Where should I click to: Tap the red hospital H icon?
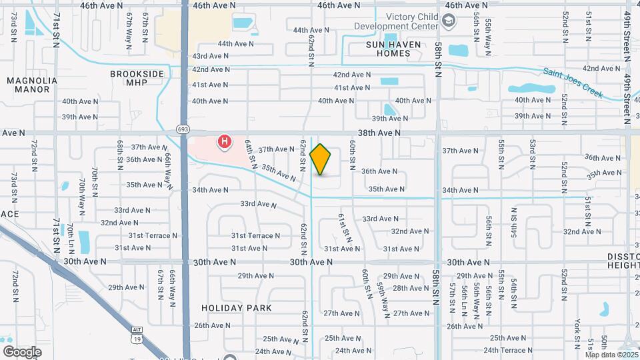click(x=225, y=141)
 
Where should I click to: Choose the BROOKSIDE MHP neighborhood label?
click(x=137, y=78)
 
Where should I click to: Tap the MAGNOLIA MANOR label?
click(x=32, y=85)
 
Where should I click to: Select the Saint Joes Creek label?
click(x=573, y=83)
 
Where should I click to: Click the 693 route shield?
click(x=183, y=129)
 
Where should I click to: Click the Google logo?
click(x=22, y=351)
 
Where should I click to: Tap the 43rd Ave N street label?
click(x=210, y=56)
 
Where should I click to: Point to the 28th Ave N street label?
click(x=411, y=288)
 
